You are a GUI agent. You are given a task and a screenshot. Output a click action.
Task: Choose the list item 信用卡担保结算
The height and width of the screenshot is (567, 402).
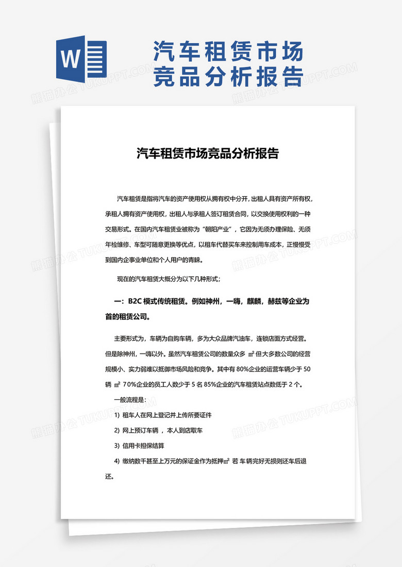coord(144,445)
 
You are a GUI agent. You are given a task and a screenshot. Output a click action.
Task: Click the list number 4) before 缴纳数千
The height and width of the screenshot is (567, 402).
coord(117,460)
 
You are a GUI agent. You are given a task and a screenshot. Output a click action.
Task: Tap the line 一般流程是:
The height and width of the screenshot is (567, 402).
coord(130,399)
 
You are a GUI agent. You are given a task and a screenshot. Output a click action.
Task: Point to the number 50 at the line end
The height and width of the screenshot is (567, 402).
coord(306,369)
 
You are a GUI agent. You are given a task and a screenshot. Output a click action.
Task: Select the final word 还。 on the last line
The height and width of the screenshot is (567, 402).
coord(109,476)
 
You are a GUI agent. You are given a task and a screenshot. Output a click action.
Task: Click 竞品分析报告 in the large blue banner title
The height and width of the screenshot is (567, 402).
coord(227,77)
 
